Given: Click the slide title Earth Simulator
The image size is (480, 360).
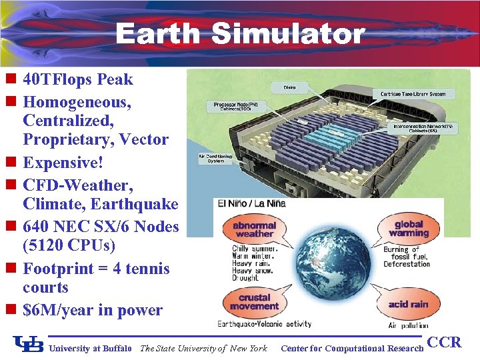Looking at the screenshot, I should coord(240,33).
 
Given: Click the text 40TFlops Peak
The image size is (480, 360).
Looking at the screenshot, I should coord(78,80).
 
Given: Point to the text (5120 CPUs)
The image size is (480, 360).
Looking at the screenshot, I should coord(69,246).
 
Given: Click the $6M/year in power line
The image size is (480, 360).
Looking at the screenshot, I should coord(93,310).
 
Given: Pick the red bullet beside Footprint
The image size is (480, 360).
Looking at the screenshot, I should coord(11,269).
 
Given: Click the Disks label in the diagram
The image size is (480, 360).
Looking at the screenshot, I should coord(290,87).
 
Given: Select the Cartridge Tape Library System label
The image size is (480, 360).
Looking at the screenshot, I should coord(413,94).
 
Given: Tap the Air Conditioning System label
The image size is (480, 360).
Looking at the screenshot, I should coord(216,159).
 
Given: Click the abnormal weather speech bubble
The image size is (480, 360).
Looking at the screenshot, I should coord(255,230).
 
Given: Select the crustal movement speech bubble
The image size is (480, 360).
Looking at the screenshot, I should coord(254,302).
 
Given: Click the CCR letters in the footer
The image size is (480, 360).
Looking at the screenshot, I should coord(444,343).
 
